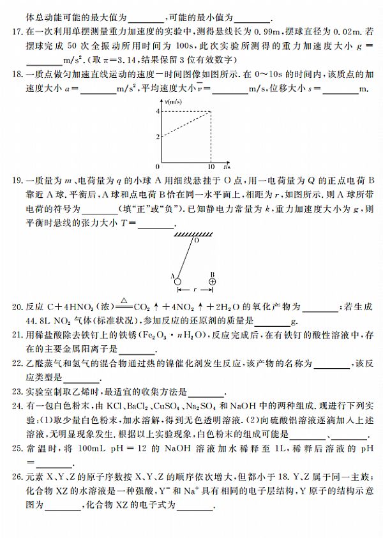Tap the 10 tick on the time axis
click(x=211, y=167)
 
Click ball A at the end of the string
click(x=178, y=280)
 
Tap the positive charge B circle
click(x=213, y=280)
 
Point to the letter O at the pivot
click(x=197, y=243)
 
